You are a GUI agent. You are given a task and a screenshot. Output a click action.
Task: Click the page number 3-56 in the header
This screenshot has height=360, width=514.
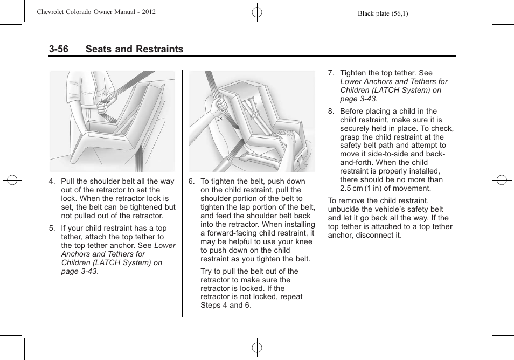(x=58, y=49)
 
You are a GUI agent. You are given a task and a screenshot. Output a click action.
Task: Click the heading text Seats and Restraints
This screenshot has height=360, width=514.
(x=134, y=49)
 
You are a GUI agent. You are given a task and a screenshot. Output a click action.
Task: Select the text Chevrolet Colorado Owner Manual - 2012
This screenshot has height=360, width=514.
(x=96, y=12)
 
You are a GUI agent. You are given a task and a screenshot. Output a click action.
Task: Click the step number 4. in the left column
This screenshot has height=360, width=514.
(x=52, y=182)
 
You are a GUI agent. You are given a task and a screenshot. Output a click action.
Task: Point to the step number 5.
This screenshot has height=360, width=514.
(x=52, y=229)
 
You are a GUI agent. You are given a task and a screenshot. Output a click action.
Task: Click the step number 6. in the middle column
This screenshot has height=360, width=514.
(x=192, y=182)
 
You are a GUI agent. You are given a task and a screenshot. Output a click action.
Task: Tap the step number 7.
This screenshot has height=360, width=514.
(x=331, y=73)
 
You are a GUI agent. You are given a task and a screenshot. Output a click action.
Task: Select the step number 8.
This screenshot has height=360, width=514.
(x=331, y=112)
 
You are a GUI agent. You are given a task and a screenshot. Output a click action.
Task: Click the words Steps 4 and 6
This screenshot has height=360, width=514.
(x=226, y=306)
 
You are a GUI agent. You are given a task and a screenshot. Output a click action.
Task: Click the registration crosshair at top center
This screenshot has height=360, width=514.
(x=257, y=12)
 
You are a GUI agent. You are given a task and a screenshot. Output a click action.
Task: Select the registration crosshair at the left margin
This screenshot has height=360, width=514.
(x=11, y=180)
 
